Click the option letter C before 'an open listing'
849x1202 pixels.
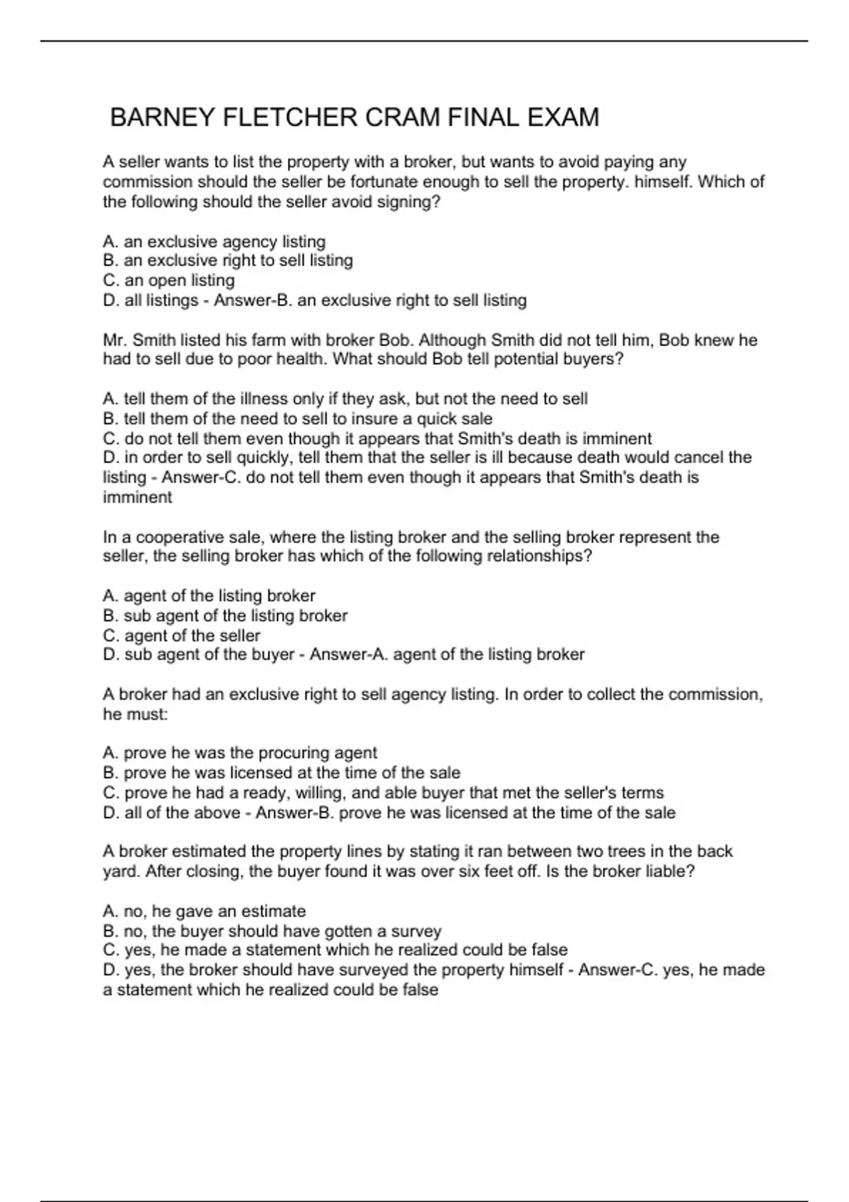(110, 281)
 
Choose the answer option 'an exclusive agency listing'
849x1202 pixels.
(224, 242)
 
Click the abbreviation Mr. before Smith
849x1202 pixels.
(115, 340)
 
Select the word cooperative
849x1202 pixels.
(178, 537)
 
